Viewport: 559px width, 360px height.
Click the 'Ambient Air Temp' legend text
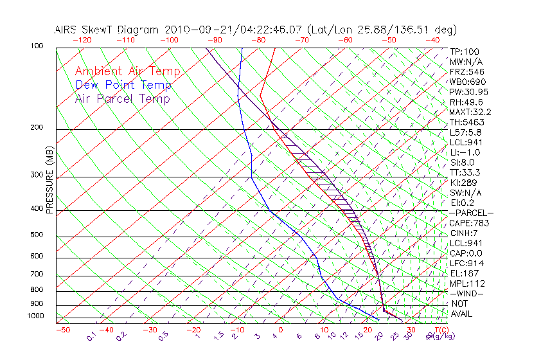pyautogui.click(x=127, y=71)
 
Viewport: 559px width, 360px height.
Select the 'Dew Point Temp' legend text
pyautogui.click(x=123, y=85)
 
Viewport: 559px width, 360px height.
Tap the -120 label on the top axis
pyautogui.click(x=82, y=40)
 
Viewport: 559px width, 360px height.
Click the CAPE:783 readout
pyautogui.click(x=469, y=223)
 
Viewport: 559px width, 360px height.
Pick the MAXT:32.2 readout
pyautogui.click(x=470, y=112)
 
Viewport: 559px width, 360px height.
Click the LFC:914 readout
pyautogui.click(x=466, y=264)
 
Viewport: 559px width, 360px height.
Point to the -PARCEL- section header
pyautogui.click(x=471, y=213)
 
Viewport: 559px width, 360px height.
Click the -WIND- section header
pyautogui.click(x=466, y=294)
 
